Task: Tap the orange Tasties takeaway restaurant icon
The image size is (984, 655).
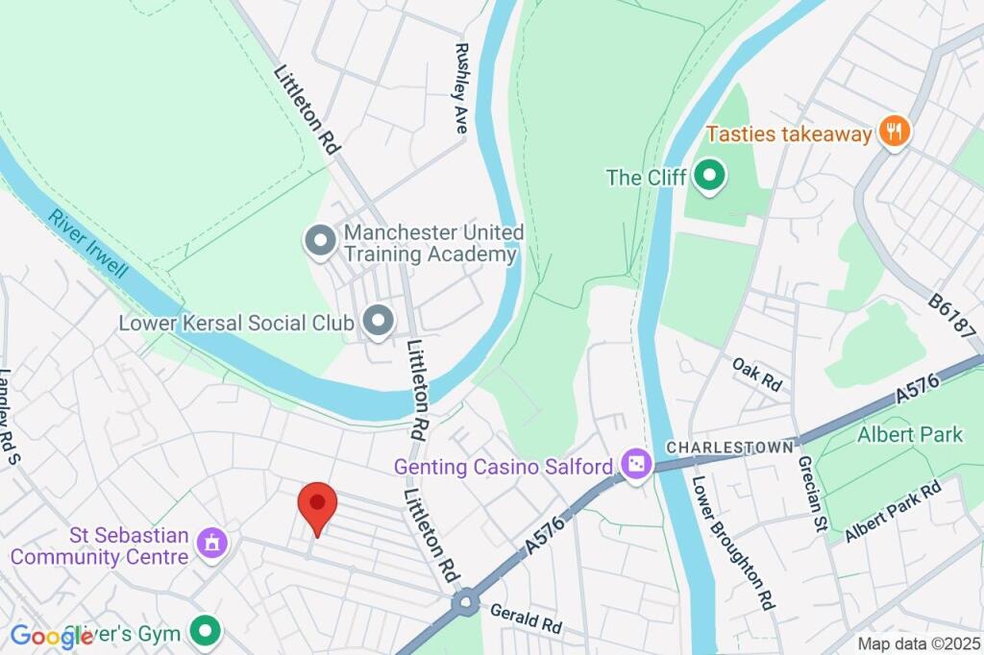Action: [x=895, y=133]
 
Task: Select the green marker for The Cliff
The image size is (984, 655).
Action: [x=709, y=176]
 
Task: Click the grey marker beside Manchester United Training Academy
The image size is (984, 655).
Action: [x=319, y=241]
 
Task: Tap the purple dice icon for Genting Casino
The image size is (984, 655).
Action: [x=635, y=467]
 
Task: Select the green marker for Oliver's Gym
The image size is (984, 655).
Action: [x=204, y=632]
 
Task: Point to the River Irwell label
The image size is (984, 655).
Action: [x=89, y=244]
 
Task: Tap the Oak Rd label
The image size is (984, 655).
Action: [x=756, y=374]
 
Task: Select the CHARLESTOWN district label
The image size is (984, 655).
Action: [x=730, y=448]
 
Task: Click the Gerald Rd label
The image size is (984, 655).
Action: [x=525, y=617]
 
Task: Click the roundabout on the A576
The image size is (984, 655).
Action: [x=466, y=602]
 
